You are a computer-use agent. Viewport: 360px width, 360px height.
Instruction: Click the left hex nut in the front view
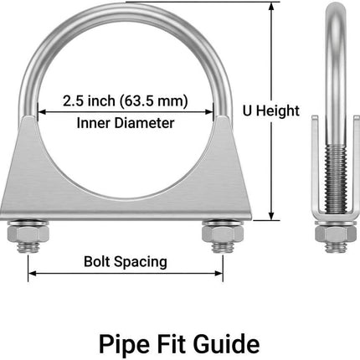tap(28, 234)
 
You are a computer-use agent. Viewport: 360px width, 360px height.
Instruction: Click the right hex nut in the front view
tap(223, 234)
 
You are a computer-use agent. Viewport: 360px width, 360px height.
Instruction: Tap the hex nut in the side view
tap(336, 234)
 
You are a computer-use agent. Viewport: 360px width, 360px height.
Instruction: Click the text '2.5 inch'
tap(89, 100)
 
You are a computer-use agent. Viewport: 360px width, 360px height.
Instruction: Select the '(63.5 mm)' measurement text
tap(154, 101)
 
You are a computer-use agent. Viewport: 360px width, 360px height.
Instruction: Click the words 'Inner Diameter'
tap(126, 123)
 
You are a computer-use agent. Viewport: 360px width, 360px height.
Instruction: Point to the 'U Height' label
tap(271, 111)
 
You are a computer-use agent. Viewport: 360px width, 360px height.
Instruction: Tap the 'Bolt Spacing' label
tap(126, 262)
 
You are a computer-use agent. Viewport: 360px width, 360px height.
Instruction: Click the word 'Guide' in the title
tap(226, 344)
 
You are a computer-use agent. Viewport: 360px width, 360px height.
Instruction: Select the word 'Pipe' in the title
tap(124, 345)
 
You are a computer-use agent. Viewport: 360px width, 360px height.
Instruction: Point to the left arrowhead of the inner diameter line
tap(41, 112)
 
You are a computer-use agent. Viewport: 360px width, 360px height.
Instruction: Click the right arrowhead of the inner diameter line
tap(209, 112)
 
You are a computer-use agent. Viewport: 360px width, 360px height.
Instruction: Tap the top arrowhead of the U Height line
tap(271, 6)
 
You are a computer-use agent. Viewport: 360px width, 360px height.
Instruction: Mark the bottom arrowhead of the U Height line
tap(271, 216)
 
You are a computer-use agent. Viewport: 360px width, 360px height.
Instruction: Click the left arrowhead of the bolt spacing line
tap(32, 273)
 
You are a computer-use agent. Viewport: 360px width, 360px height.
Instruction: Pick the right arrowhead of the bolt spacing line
tap(219, 273)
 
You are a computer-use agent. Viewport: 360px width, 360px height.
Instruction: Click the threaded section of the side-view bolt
tap(336, 179)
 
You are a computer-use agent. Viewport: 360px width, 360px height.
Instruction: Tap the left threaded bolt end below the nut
tap(28, 247)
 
